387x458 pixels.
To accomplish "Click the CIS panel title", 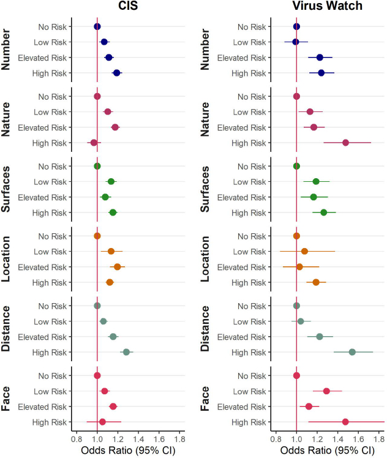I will pyautogui.click(x=127, y=7).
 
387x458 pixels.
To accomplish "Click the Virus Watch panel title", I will pyautogui.click(x=327, y=7).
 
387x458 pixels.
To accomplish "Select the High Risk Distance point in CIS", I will pyautogui.click(x=127, y=352).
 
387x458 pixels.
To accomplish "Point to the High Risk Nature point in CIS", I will pyautogui.click(x=94, y=143).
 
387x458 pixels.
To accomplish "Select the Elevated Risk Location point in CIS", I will pyautogui.click(x=118, y=267).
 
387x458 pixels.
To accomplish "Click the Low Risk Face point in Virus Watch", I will pyautogui.click(x=326, y=391).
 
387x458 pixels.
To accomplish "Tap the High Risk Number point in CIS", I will pyautogui.click(x=116, y=73).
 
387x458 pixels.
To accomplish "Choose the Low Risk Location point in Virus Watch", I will pyautogui.click(x=304, y=251).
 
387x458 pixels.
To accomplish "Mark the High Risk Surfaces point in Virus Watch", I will pyautogui.click(x=324, y=212).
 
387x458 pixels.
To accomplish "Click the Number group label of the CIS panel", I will pyautogui.click(x=10, y=50).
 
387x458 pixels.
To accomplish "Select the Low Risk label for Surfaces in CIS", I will pyautogui.click(x=53, y=182).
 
